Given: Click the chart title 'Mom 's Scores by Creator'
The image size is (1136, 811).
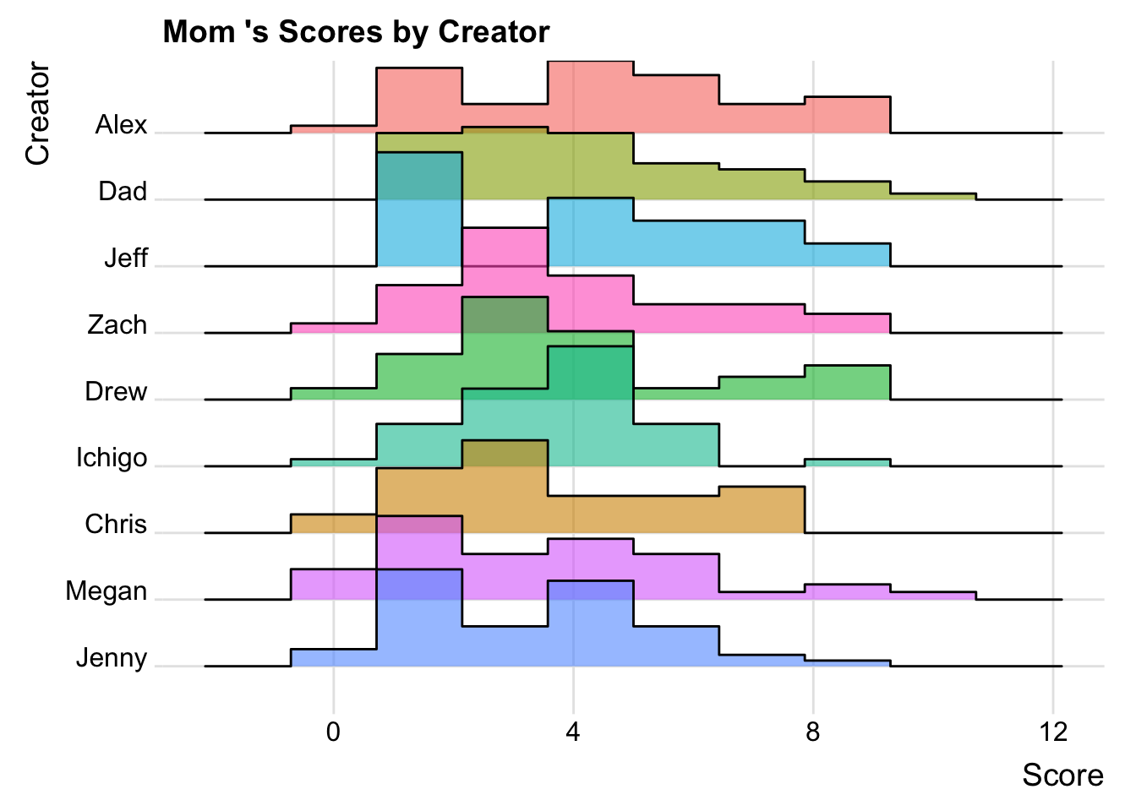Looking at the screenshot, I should click(356, 32).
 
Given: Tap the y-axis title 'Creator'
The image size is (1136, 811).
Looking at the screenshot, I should click(38, 113).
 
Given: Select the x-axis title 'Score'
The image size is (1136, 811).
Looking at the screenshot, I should click(1062, 775).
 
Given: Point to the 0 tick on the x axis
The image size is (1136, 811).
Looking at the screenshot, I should click(333, 732).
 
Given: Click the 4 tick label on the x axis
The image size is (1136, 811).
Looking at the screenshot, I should click(573, 732).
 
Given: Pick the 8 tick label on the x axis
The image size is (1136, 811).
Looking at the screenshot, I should click(813, 732).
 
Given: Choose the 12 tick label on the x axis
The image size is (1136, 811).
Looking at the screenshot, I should click(1053, 732).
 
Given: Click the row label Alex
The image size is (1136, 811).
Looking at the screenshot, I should click(121, 125).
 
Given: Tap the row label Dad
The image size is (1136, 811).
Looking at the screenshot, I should click(123, 192).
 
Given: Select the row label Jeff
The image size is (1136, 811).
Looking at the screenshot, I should click(126, 258).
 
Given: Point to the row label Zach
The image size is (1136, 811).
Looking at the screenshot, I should click(117, 324).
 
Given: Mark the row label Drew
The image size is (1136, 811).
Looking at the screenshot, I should click(116, 391).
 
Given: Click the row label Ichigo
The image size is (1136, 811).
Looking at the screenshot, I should click(112, 458).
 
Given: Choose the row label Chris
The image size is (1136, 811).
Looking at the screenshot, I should click(116, 524).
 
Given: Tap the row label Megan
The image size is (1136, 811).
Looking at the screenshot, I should click(106, 591).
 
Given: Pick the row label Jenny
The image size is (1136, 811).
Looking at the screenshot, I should click(112, 657).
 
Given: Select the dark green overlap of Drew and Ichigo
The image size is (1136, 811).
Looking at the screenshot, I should click(590, 372).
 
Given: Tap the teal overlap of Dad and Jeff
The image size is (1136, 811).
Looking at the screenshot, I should click(419, 176).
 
